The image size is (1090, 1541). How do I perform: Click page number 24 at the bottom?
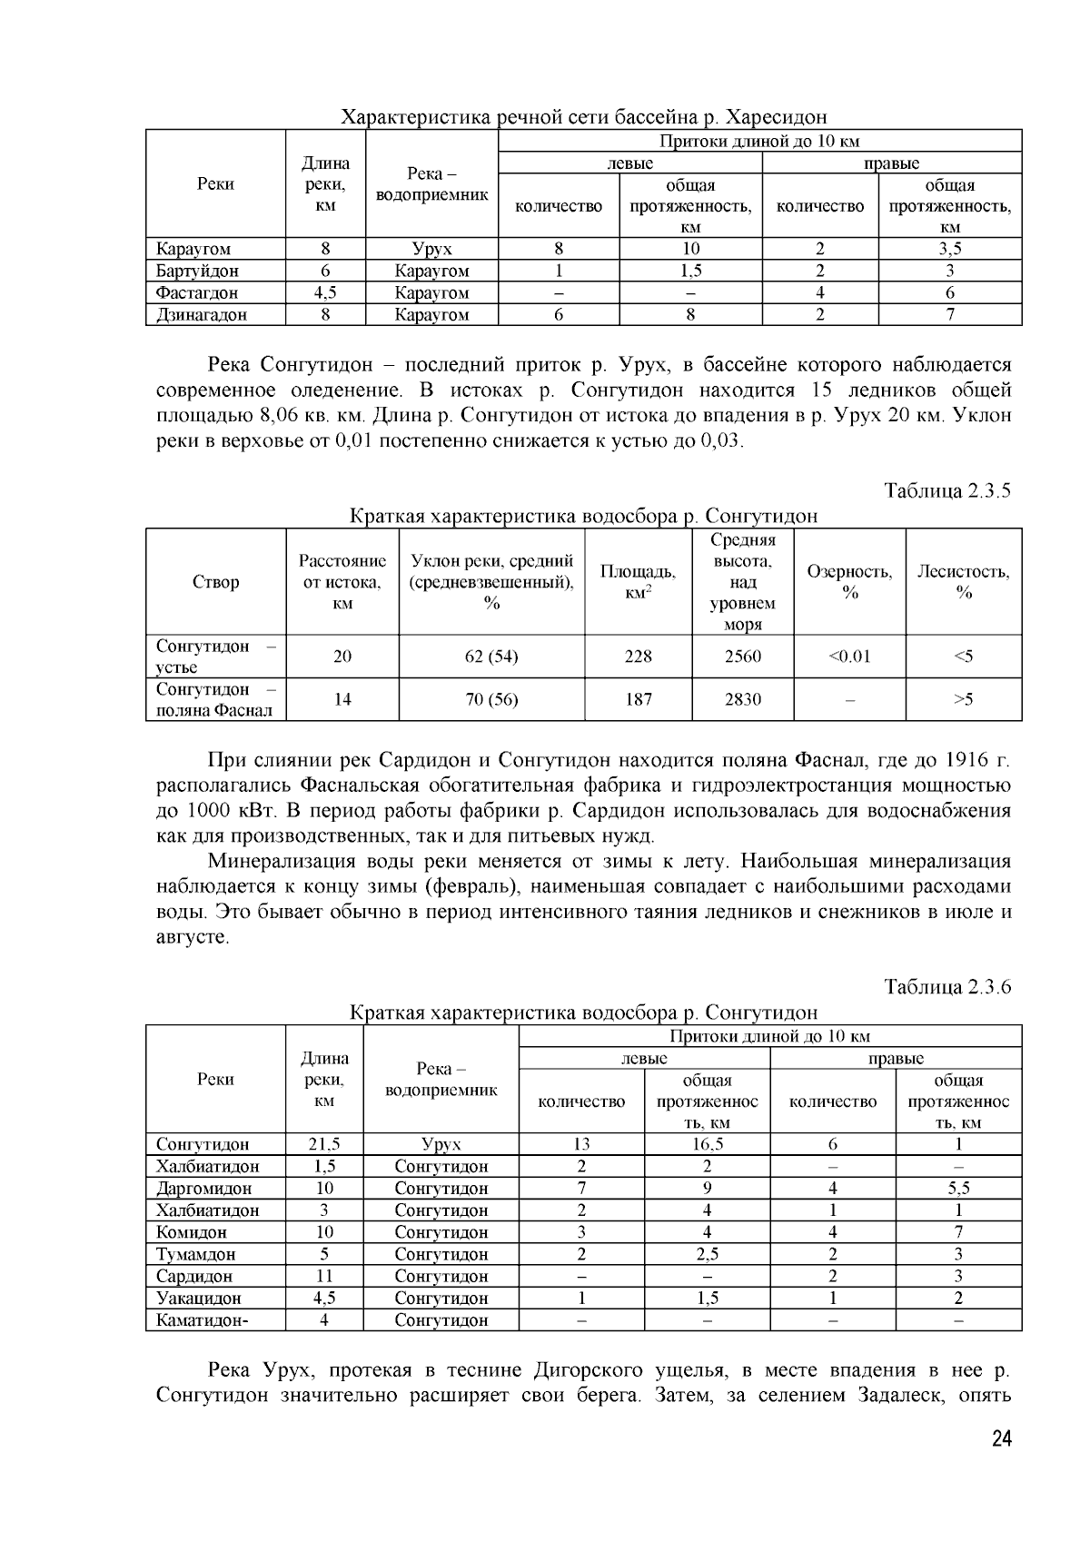click(1001, 1438)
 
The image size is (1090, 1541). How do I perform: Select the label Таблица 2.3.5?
click(947, 491)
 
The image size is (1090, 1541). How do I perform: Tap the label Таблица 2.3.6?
click(947, 987)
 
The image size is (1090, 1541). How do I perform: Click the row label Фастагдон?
click(197, 293)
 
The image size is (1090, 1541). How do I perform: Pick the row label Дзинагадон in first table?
click(202, 315)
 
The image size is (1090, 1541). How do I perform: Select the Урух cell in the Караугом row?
click(431, 249)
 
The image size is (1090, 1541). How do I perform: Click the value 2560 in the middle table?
click(742, 657)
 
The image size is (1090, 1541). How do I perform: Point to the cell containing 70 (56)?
click(491, 699)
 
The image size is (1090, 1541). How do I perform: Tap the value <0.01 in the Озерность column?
click(849, 657)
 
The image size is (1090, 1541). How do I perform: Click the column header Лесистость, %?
click(963, 581)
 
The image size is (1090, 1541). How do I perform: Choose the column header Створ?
click(215, 582)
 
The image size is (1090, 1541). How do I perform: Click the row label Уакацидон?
click(199, 1299)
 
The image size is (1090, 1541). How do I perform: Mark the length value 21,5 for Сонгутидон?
click(323, 1144)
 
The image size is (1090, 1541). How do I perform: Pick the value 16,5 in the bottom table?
click(707, 1144)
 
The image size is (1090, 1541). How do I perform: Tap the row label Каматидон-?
click(202, 1320)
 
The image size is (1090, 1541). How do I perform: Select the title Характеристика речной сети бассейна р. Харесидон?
click(583, 117)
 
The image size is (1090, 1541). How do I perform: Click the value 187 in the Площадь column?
click(639, 699)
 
